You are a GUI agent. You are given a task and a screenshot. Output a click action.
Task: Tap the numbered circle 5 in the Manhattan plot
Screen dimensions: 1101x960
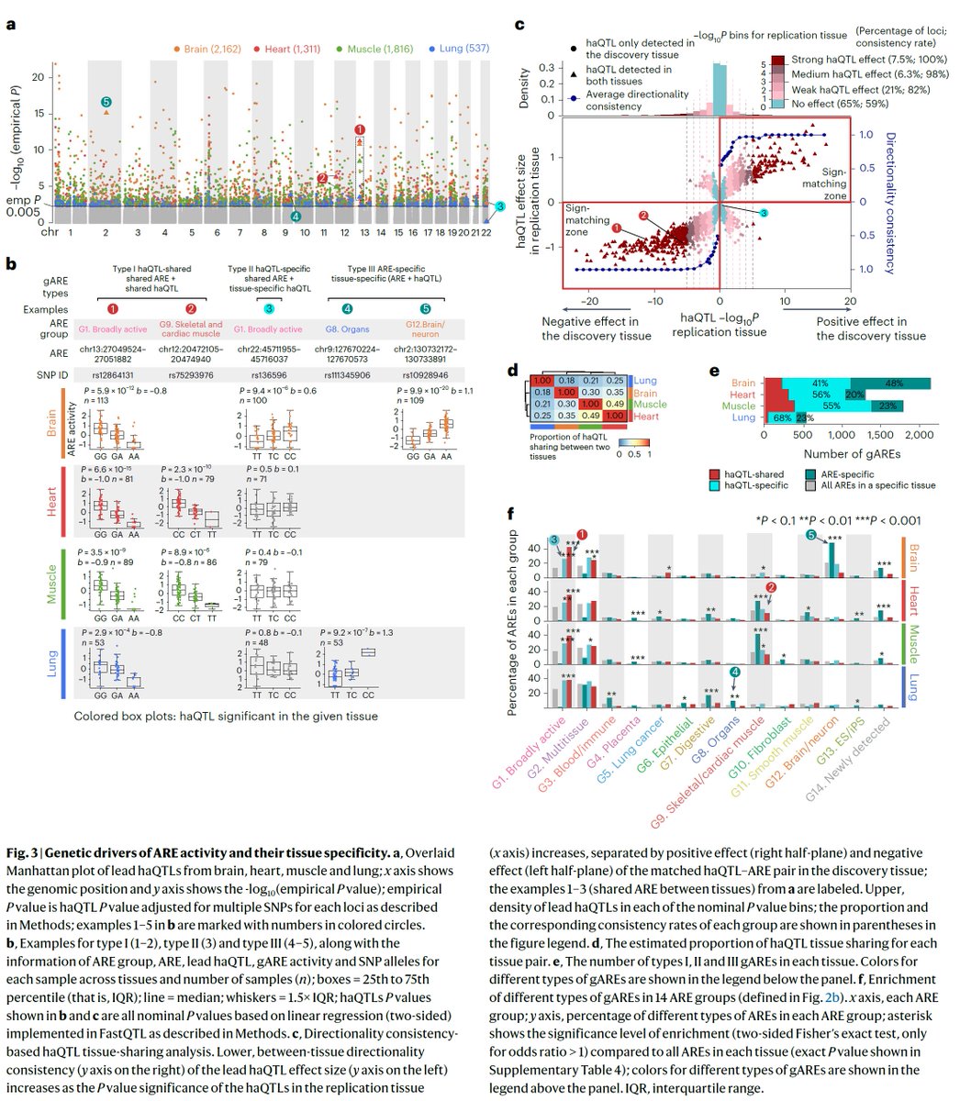pyautogui.click(x=106, y=104)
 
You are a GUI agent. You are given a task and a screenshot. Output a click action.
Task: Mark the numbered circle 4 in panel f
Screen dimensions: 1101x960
pyautogui.click(x=735, y=673)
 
